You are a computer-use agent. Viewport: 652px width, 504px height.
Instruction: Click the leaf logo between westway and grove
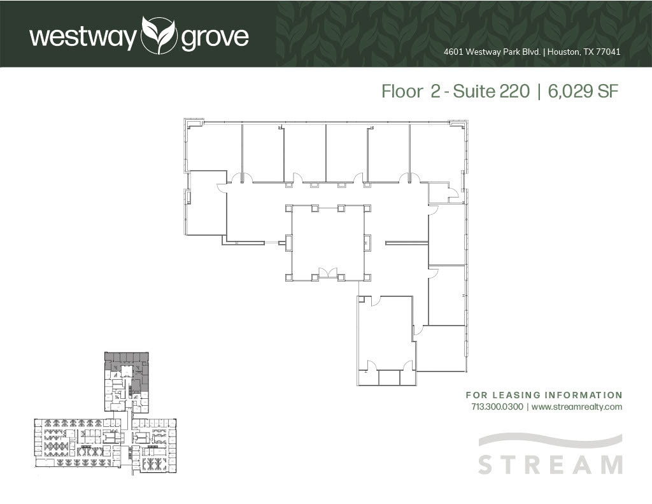click(159, 36)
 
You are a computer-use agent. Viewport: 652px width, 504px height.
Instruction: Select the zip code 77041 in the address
click(607, 52)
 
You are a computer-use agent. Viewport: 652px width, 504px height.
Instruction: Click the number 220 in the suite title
click(514, 92)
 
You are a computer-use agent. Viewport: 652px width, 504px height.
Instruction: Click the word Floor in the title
click(402, 92)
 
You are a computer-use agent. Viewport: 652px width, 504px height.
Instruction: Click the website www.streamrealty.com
click(576, 407)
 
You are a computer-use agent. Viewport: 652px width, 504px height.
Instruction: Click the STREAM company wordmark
click(550, 464)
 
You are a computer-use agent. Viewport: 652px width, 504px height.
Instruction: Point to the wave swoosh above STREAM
click(550, 440)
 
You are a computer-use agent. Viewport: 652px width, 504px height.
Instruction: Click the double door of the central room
click(327, 273)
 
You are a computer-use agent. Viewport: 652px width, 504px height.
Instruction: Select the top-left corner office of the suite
click(215, 147)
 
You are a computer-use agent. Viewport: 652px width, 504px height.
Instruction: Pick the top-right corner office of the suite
click(437, 153)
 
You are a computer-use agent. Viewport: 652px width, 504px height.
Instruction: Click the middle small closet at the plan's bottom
click(388, 377)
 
